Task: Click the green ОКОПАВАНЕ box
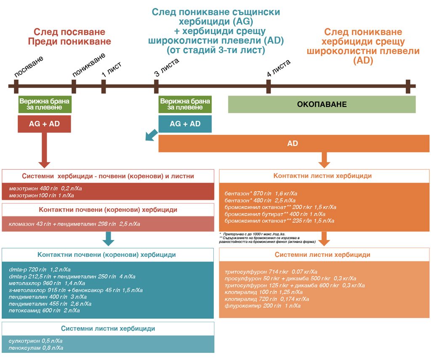point(322,104)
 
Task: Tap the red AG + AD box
point(44,124)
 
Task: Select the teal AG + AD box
point(185,124)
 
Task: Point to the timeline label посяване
point(29,66)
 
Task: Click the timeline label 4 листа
point(279,68)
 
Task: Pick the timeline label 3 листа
point(167,67)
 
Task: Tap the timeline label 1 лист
point(111,69)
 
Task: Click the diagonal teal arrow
point(151,135)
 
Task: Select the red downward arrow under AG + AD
point(44,150)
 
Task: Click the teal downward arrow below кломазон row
point(108,239)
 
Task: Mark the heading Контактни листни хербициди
point(322,176)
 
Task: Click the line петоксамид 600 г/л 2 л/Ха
point(44,310)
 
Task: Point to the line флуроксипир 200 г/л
point(263,306)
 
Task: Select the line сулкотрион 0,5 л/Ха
point(35,341)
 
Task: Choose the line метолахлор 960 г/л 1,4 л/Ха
point(47,283)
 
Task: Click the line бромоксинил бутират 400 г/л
point(275,214)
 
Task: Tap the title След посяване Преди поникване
point(69,37)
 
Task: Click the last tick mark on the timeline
point(408,86)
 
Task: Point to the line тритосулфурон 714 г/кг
point(271,272)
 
